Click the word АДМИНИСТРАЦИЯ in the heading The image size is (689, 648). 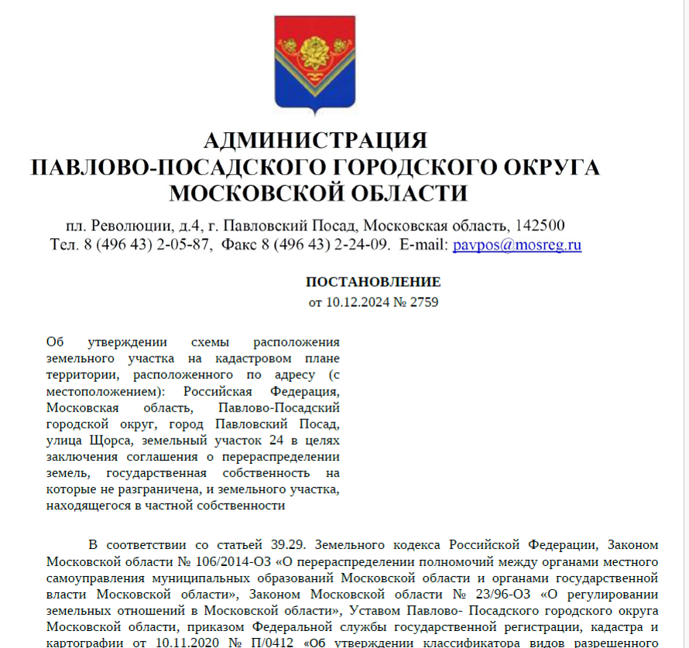click(x=315, y=141)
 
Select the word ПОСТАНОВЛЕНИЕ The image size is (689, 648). click(x=373, y=282)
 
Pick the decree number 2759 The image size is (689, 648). click(x=423, y=302)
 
